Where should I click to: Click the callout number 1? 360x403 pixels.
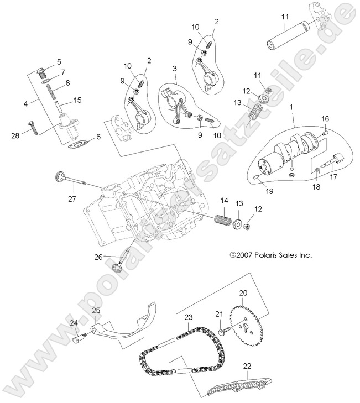pyautogui.click(x=291, y=104)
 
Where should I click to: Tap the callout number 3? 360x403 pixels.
pyautogui.click(x=174, y=68)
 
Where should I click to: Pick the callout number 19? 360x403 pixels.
pyautogui.click(x=269, y=192)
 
